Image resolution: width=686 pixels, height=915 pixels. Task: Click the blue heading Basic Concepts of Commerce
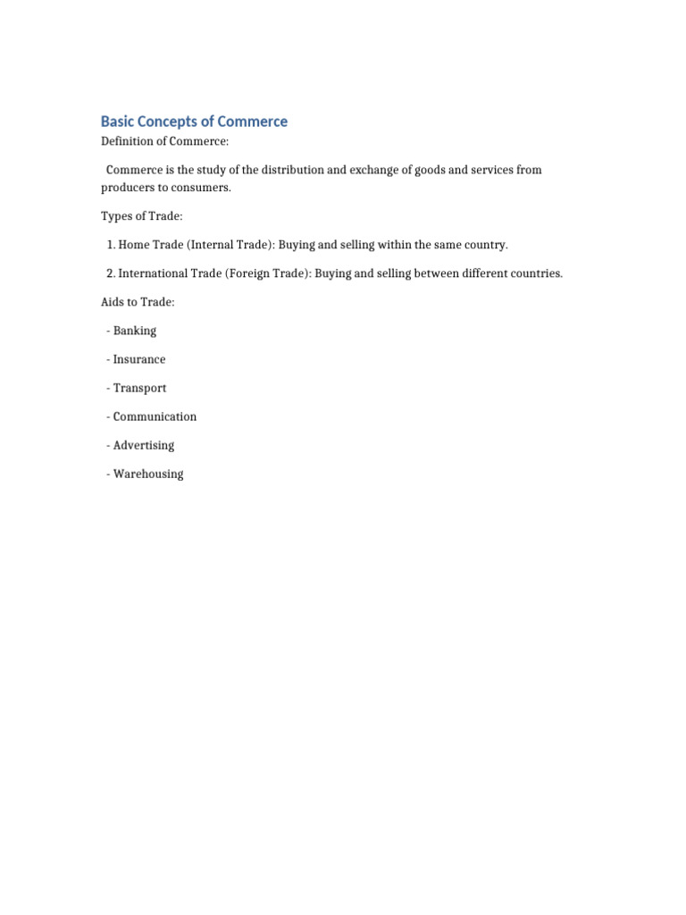194,122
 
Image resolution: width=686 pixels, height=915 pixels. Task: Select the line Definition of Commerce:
165,141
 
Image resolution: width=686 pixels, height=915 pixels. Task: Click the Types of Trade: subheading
141,216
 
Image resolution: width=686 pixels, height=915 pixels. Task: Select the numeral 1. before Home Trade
112,245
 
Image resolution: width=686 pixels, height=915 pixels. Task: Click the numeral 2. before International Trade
112,273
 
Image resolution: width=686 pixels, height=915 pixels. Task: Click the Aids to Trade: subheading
138,302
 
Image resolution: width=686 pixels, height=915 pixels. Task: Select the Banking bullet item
134,331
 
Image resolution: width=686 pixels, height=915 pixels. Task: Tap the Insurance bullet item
138,359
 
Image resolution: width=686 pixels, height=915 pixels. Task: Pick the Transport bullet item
139,388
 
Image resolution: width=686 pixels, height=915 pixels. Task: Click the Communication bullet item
155,416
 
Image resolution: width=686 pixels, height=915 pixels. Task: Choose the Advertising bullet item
143,445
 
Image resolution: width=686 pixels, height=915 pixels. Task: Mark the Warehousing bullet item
147,474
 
